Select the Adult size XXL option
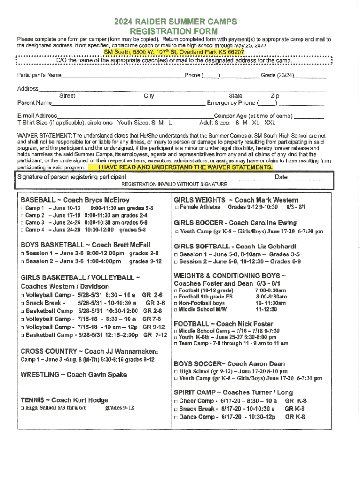[270, 123]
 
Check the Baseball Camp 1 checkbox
[22, 208]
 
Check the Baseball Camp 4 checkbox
[22, 230]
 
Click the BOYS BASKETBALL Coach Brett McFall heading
[85, 245]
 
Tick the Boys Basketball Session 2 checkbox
[22, 261]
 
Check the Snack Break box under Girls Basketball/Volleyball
[22, 303]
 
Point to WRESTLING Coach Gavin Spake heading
[73, 375]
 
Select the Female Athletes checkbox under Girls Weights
[176, 207]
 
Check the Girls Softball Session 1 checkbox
[176, 254]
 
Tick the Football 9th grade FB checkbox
[176, 297]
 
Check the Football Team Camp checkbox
[176, 343]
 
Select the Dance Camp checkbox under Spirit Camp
[176, 416]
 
